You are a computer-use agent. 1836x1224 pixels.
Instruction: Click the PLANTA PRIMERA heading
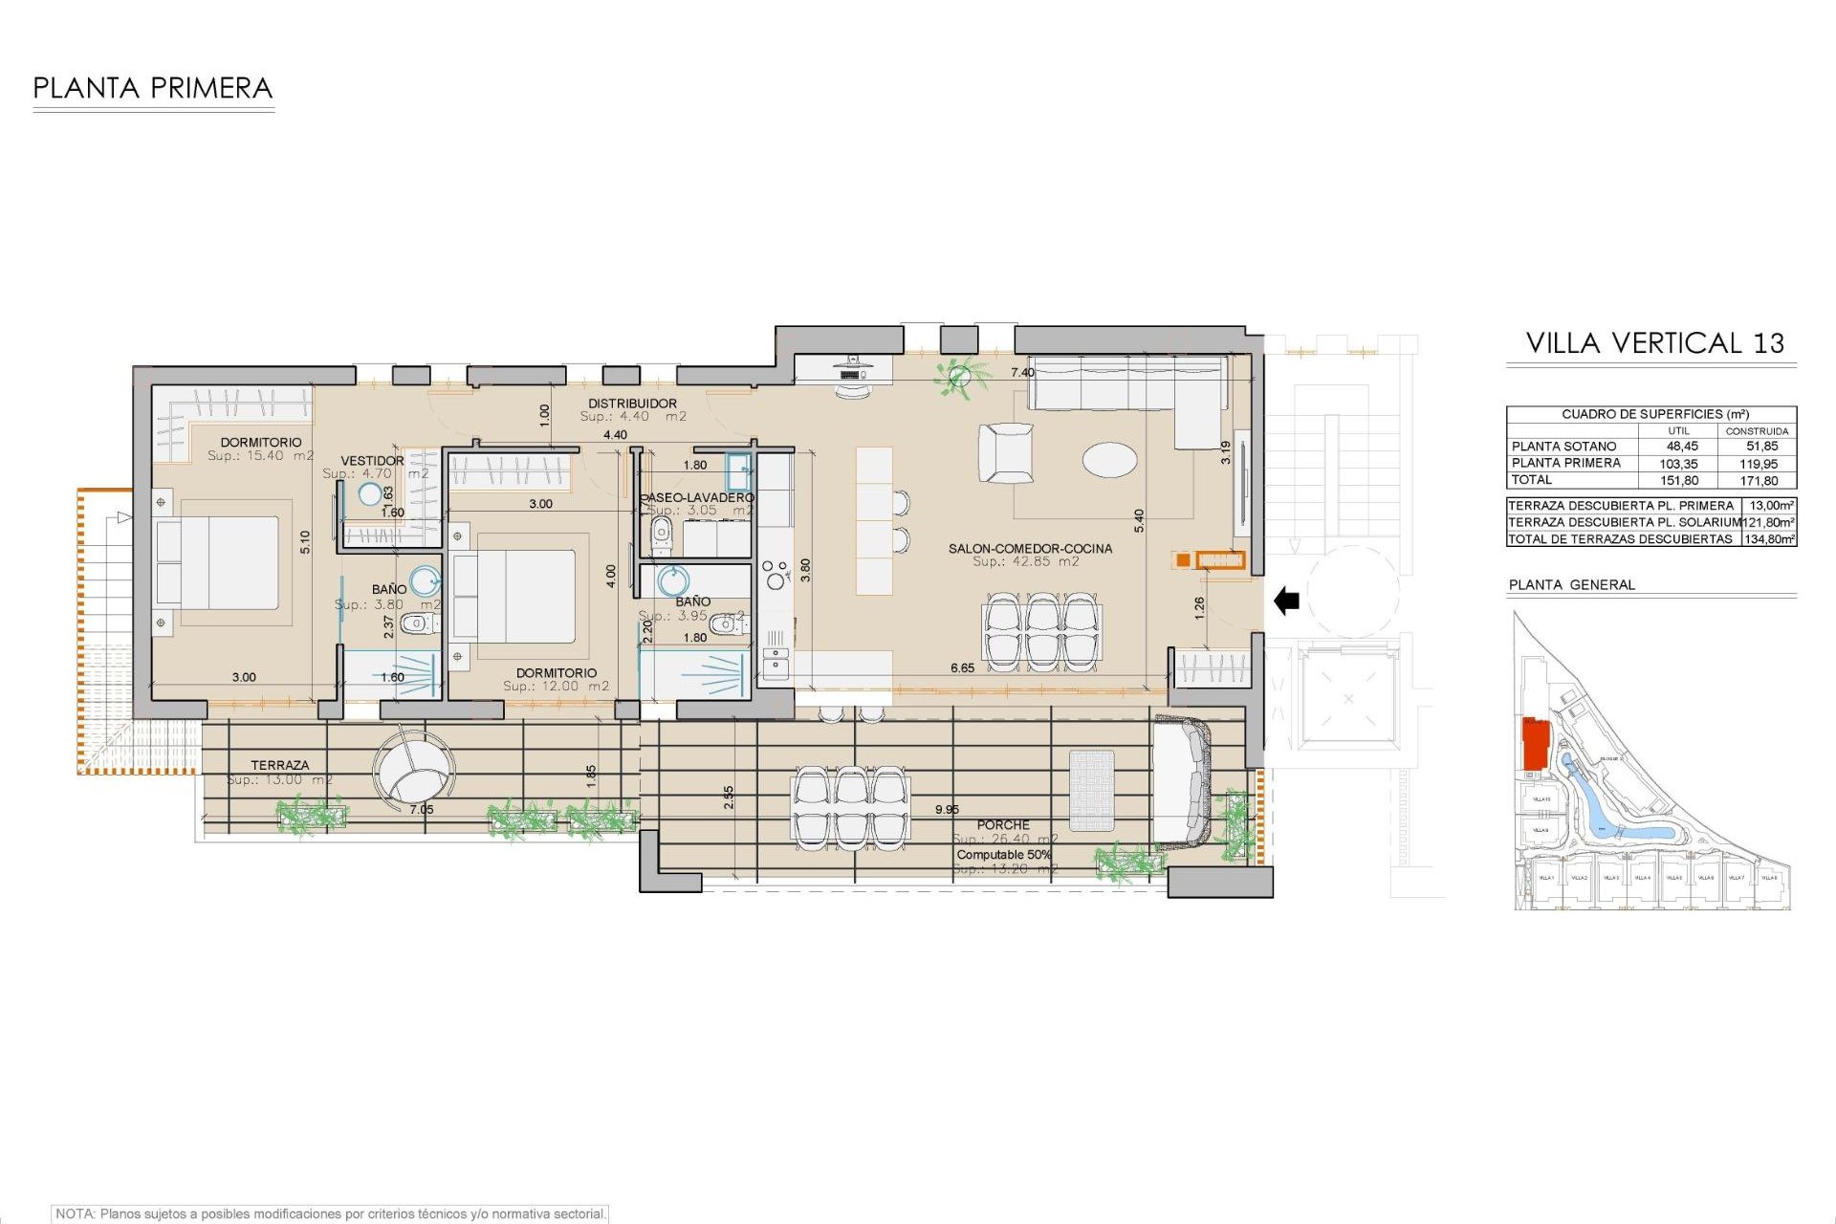153,88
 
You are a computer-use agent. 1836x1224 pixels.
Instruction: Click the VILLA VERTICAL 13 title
1654,343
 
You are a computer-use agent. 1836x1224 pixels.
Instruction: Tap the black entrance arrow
1287,601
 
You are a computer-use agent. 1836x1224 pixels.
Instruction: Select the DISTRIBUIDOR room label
632,404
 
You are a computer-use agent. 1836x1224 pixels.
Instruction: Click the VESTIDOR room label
372,461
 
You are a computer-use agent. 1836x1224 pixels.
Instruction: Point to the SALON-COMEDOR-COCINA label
1030,548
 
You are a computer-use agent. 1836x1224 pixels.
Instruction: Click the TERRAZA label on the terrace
280,765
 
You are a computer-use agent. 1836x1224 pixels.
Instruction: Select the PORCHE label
1003,824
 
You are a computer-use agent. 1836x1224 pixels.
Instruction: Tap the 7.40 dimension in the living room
1022,373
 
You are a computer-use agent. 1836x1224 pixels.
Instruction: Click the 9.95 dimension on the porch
947,809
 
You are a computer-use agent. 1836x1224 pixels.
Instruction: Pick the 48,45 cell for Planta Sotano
1682,447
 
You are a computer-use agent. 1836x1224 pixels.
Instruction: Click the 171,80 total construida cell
1759,481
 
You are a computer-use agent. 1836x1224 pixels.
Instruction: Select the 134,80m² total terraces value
1769,539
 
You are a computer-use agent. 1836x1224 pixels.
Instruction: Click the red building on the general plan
1535,744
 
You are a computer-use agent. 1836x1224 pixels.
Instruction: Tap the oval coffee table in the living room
1109,459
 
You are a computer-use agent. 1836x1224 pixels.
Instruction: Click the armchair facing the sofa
1006,453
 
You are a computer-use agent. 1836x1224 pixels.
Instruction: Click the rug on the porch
1091,791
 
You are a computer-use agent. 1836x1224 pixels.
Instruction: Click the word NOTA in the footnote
75,1213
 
